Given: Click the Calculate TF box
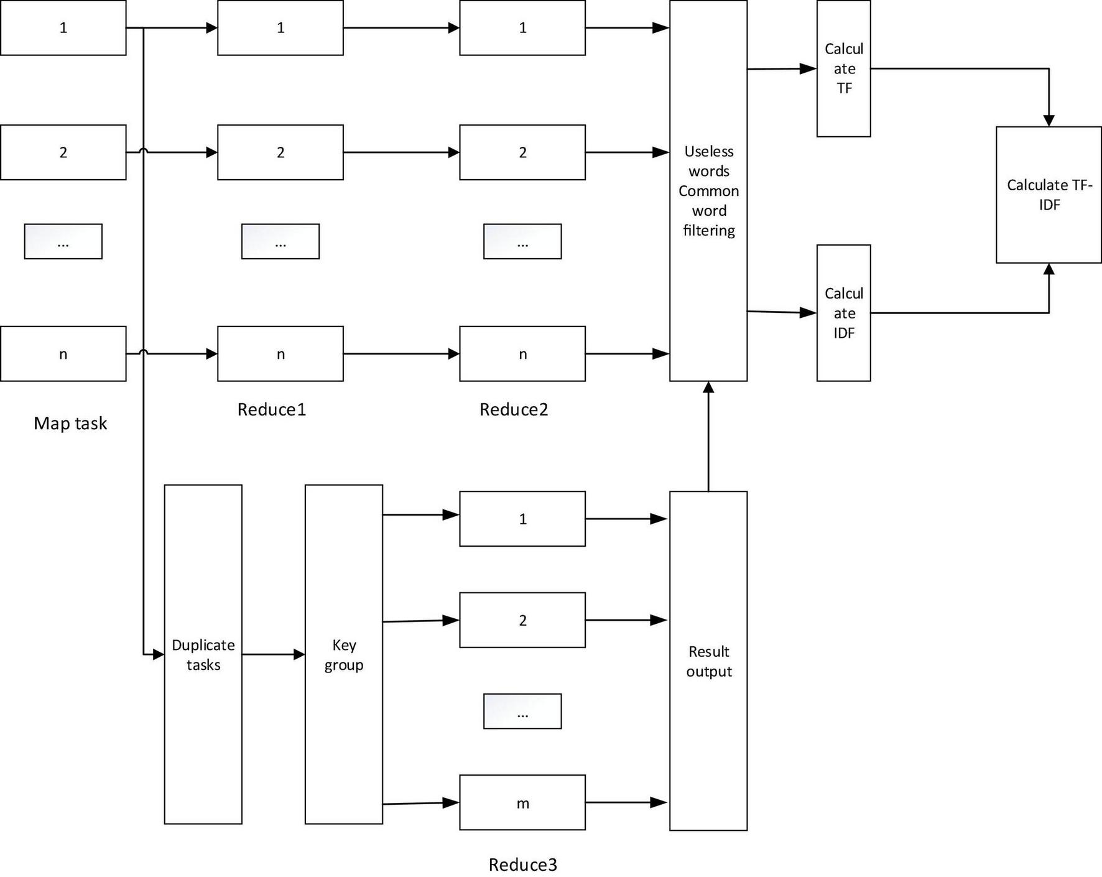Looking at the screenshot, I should [x=843, y=68].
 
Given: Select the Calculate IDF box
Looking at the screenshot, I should [x=843, y=313].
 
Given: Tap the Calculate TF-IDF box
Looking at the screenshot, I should [x=1049, y=195].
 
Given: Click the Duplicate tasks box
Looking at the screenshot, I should [x=203, y=654].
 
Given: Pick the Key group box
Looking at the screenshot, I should [x=343, y=654].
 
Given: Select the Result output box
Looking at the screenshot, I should [x=708, y=661].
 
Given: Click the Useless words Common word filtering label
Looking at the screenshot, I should [x=708, y=191].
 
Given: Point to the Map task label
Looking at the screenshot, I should [x=70, y=424].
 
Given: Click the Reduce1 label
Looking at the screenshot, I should [x=272, y=409].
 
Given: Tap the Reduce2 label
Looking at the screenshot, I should [x=514, y=409].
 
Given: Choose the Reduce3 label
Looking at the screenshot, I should [x=522, y=865].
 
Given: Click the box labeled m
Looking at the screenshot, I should [x=522, y=802].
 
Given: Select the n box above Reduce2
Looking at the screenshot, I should [x=522, y=354].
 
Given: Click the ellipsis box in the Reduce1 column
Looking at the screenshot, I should [x=280, y=241].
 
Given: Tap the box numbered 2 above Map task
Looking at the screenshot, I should [x=63, y=152].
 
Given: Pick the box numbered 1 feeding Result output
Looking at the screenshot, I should [x=522, y=519].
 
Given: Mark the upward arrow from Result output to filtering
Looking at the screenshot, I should [x=708, y=435].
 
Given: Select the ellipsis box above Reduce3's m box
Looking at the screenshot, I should [x=522, y=711].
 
